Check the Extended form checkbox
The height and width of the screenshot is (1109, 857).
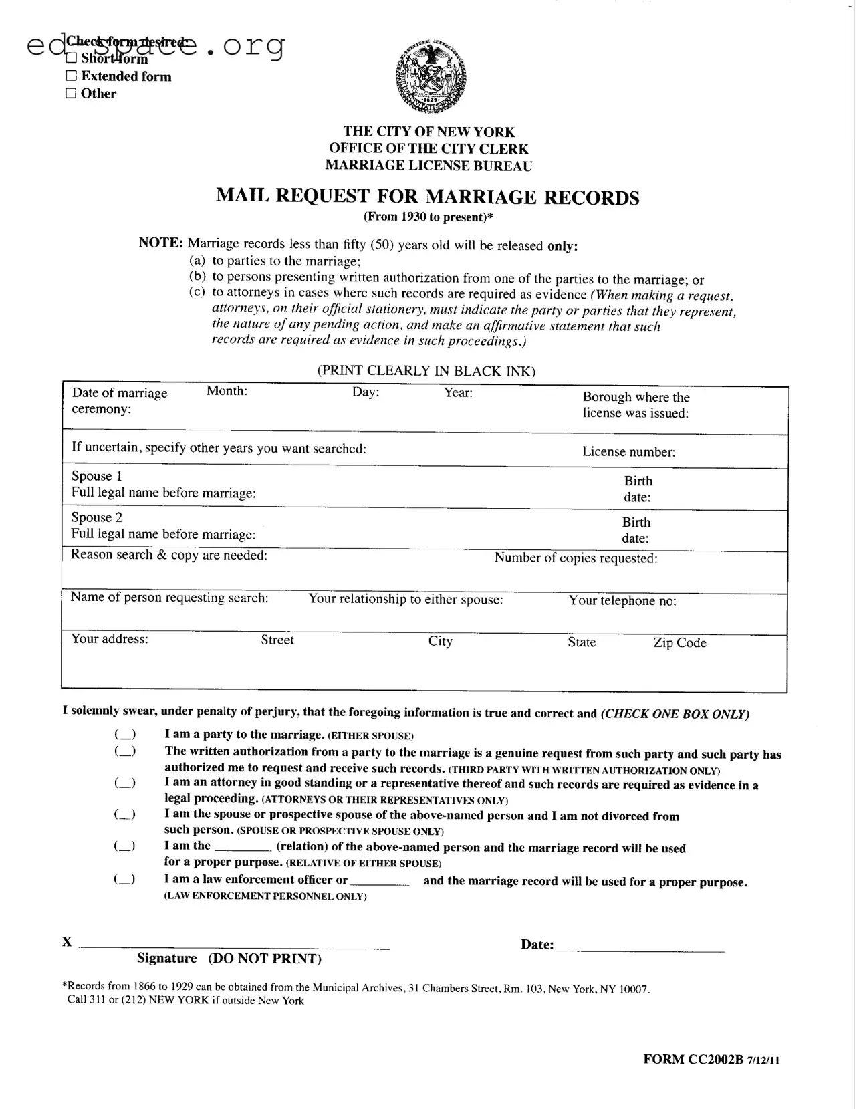coord(71,76)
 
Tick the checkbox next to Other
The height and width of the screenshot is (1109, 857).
coord(71,94)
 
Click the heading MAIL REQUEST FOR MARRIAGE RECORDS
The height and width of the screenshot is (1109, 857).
coord(428,197)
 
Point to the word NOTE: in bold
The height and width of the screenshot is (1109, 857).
coord(160,243)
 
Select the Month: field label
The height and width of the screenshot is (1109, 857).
coord(227,391)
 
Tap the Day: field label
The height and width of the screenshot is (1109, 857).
coord(366,392)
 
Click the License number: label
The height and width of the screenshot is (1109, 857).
coord(628,452)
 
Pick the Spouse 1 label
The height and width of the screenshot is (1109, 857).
coord(97,476)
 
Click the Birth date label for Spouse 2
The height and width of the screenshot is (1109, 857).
coord(636,530)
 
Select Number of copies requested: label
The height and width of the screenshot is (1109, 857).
coord(576,558)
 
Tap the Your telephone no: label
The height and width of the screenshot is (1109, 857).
coord(622,601)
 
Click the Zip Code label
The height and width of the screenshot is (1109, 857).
coord(679,643)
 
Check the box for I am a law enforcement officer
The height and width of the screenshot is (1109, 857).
coord(124,880)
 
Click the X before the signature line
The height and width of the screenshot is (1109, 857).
coord(67,942)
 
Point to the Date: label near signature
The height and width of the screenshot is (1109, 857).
coord(537,945)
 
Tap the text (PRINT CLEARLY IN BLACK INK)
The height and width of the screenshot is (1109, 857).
coord(426,371)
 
